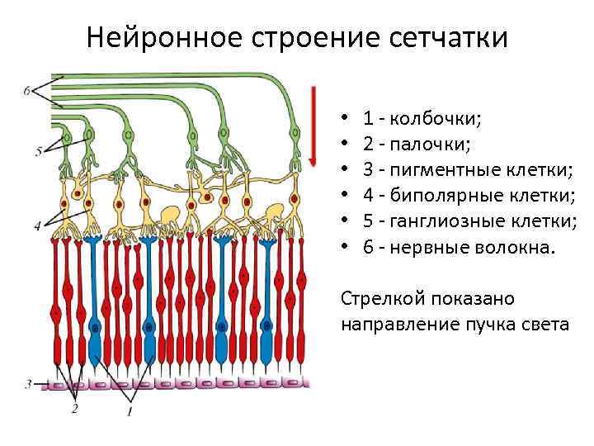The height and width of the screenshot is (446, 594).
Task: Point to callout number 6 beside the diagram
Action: tap(29, 90)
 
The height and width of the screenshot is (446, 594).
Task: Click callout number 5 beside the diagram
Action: tap(40, 151)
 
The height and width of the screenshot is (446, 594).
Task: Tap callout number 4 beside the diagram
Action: tap(37, 225)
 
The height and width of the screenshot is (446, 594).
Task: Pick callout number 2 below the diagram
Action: tap(74, 407)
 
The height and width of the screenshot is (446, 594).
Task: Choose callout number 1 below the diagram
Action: tap(130, 409)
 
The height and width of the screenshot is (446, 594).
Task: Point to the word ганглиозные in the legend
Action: tap(454, 221)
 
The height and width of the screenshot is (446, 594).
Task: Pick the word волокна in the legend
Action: tap(510, 247)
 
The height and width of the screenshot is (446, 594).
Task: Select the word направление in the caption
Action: tap(396, 324)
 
